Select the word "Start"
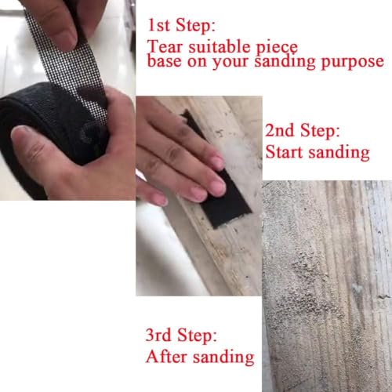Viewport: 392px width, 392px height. click(285, 151)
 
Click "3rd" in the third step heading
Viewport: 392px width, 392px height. click(161, 337)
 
